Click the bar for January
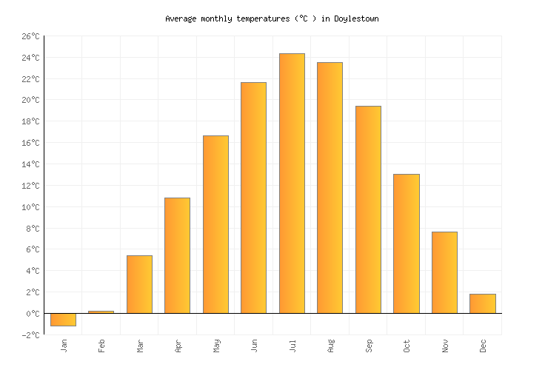click(x=63, y=319)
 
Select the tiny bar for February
click(x=101, y=312)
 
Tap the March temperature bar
click(x=139, y=284)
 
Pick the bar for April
click(x=177, y=255)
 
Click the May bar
click(x=215, y=224)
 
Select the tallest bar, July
click(x=292, y=183)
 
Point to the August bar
click(x=330, y=187)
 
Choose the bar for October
click(x=406, y=243)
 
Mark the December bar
click(x=482, y=303)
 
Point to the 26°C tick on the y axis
click(x=30, y=36)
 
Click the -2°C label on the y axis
click(x=30, y=335)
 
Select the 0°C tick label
click(x=33, y=314)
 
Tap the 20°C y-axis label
click(x=30, y=100)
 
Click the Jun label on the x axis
click(x=254, y=346)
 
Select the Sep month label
click(x=368, y=346)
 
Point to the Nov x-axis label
click(x=444, y=346)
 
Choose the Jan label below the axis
click(x=64, y=346)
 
